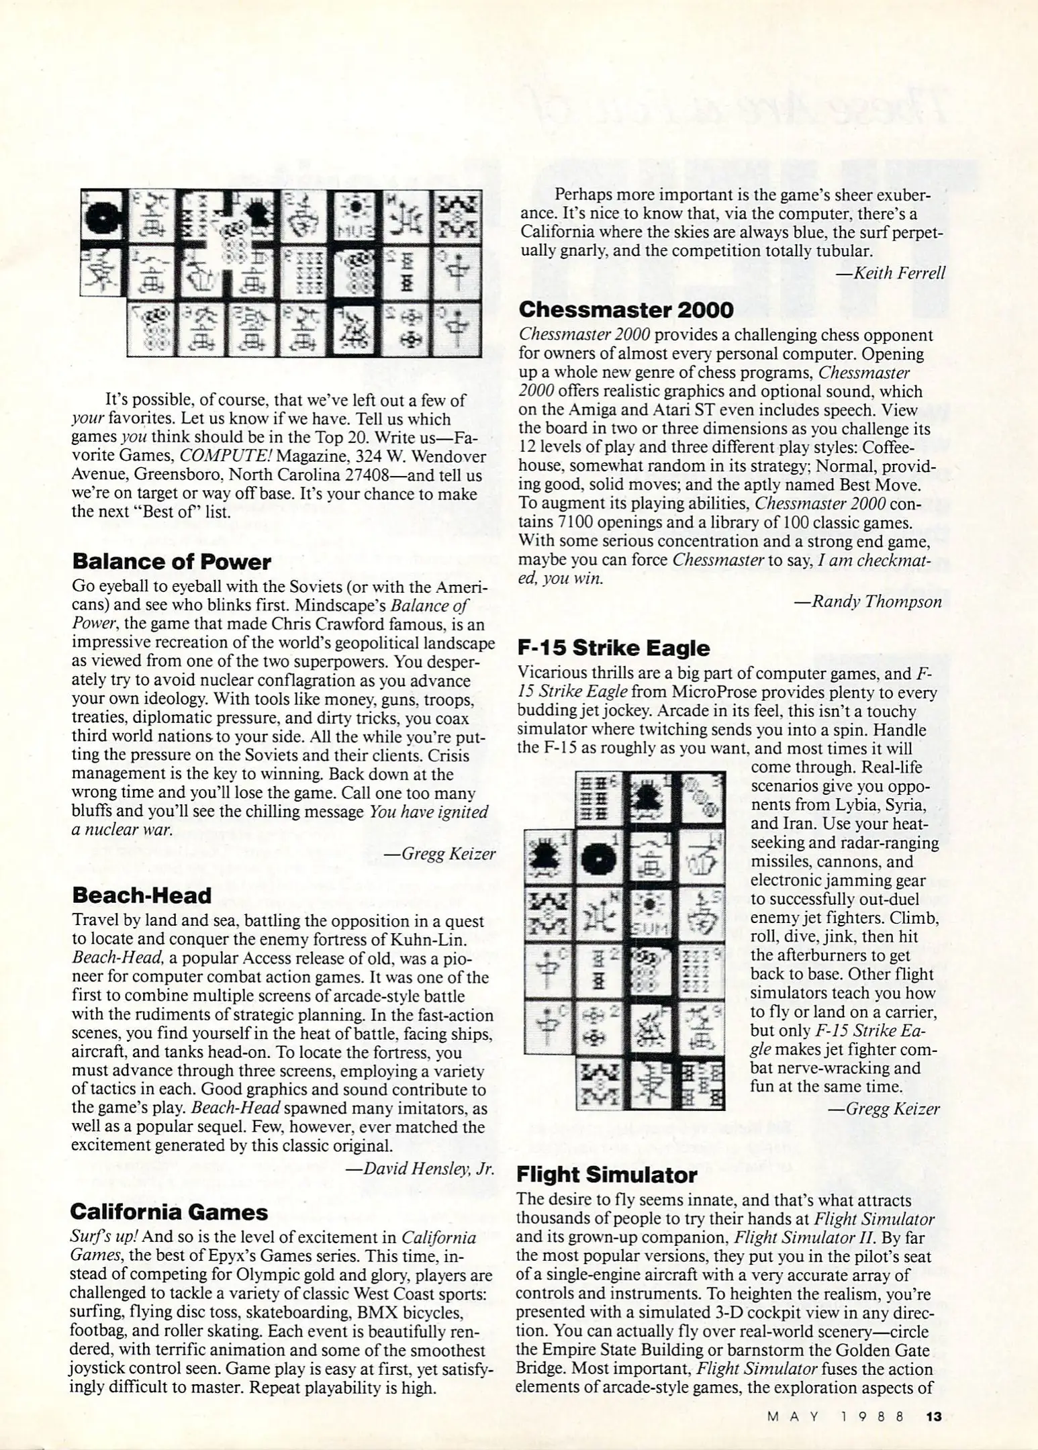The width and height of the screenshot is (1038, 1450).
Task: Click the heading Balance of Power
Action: point(171,561)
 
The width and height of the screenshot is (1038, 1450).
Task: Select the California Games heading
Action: point(169,1212)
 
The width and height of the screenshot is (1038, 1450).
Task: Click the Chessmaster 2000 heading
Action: point(626,309)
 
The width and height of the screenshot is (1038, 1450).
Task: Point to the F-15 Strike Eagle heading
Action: point(613,648)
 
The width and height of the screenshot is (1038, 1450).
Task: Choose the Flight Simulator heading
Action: point(606,1174)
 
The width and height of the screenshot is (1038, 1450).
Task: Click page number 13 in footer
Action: point(933,1416)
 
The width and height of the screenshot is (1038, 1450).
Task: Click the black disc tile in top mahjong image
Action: point(103,215)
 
